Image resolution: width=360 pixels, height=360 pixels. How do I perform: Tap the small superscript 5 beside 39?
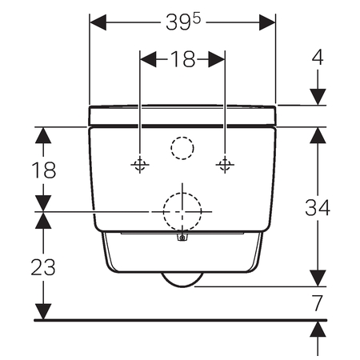click(196, 19)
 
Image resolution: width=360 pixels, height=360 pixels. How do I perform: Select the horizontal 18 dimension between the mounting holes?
click(182, 59)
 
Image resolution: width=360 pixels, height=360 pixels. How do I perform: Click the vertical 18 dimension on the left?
click(44, 170)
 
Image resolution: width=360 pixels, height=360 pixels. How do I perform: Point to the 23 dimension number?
click(43, 267)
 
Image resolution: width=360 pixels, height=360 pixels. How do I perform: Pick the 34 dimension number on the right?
click(318, 207)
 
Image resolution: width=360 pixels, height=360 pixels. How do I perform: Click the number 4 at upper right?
click(318, 57)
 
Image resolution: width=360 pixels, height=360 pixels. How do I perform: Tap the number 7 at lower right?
click(318, 302)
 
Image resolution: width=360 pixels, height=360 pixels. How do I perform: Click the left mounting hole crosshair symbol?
click(140, 165)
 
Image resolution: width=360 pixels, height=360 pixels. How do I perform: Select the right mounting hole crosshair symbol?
click(225, 165)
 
